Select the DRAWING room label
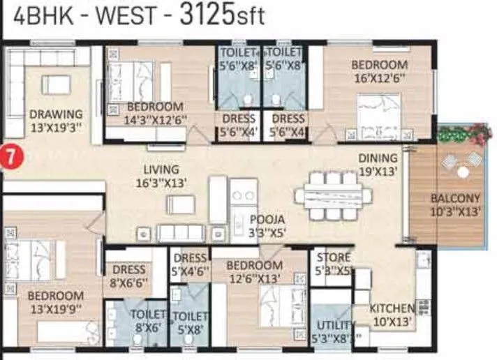(56, 120)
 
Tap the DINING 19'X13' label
(378, 164)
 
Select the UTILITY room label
(334, 331)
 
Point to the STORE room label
(333, 264)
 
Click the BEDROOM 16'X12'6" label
(379, 71)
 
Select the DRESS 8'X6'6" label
(128, 276)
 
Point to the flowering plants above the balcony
(460, 132)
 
